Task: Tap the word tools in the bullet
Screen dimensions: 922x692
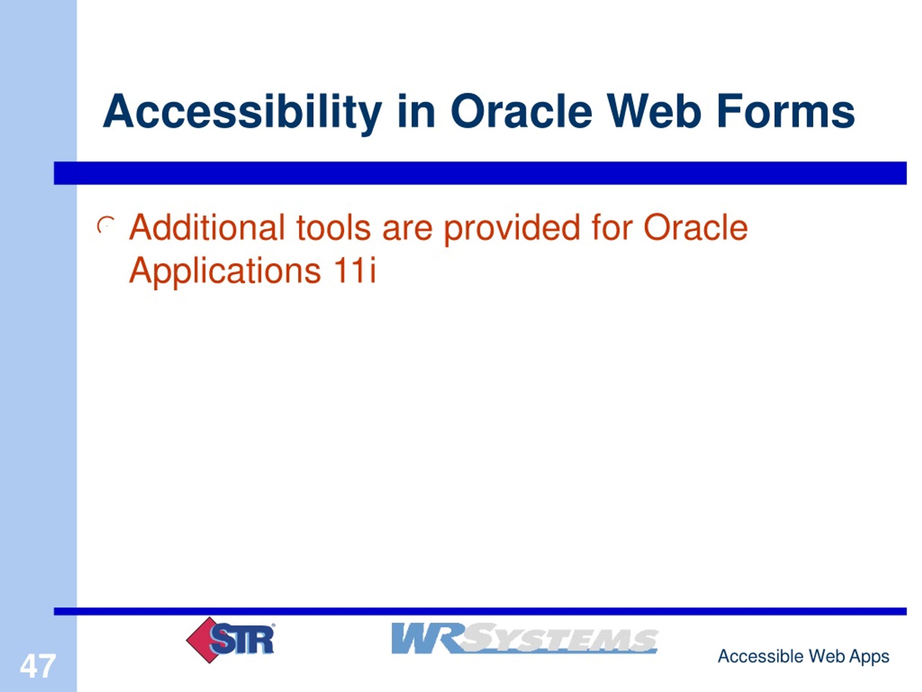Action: point(334,228)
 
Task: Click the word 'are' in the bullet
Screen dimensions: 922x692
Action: point(407,232)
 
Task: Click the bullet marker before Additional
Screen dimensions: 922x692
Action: point(106,226)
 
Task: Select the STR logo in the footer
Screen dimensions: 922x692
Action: point(230,640)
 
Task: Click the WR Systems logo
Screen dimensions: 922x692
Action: point(524,638)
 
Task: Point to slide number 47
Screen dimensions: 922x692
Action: point(37,666)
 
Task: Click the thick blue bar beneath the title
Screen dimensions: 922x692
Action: point(480,173)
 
